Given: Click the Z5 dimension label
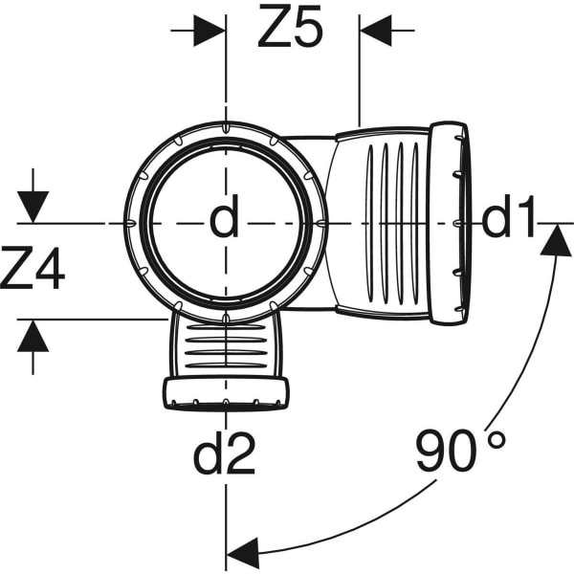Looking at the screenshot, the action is tap(290, 26).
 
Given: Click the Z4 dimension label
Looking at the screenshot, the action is tap(33, 268).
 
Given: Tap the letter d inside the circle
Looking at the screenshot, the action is tap(225, 215).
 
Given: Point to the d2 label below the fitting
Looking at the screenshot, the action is tap(224, 453).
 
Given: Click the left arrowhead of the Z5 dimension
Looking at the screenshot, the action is tap(210, 31).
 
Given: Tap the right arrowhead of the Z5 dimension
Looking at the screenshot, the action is tap(376, 31).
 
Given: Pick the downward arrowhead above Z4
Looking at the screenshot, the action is tap(33, 207).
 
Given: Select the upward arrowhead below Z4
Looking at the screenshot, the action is tap(33, 336).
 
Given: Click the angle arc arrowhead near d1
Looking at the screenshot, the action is tap(557, 240).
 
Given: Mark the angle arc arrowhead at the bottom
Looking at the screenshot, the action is tap(243, 552).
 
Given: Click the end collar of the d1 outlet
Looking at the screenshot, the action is tap(448, 223).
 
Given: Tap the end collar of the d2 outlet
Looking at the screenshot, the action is tap(226, 393).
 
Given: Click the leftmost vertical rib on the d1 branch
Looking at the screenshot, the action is tap(369, 224).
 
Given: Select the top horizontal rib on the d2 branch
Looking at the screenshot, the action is tap(226, 327).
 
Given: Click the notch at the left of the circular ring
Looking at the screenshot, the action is tap(131, 223).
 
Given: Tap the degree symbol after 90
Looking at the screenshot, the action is tap(497, 440).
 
